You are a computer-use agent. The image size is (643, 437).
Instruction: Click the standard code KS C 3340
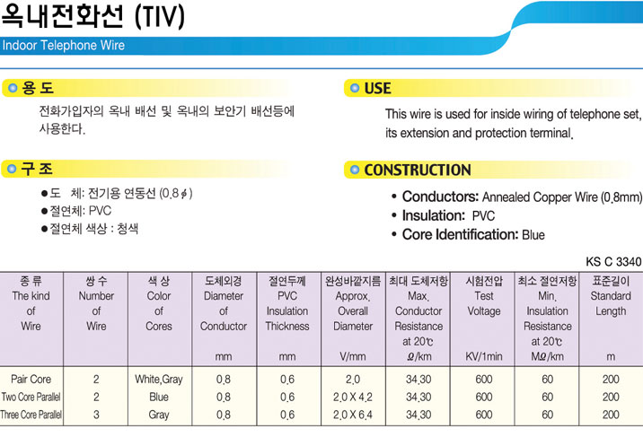(613, 262)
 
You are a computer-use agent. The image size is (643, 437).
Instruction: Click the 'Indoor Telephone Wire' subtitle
(64, 45)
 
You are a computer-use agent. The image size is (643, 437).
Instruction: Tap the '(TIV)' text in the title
(160, 17)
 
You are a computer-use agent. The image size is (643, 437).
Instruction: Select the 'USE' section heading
(377, 89)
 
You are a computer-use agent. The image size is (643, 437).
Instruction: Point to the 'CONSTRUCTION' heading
(418, 170)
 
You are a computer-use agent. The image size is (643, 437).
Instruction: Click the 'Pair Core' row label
(31, 380)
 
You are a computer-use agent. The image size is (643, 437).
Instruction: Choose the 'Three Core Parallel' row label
(31, 415)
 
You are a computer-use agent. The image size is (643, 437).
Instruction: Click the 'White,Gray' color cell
(159, 380)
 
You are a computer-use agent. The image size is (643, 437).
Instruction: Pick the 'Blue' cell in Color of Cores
(159, 397)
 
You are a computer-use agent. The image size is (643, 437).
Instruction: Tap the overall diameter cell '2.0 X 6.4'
(353, 415)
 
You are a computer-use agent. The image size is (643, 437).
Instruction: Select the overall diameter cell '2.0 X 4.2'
(353, 398)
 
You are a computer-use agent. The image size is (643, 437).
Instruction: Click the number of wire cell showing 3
(96, 415)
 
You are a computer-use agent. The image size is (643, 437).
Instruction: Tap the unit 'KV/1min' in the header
(484, 356)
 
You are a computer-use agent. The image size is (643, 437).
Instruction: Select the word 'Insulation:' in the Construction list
(434, 215)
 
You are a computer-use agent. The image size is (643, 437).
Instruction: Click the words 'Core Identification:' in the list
(461, 235)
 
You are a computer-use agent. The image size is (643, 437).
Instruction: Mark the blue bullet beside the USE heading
(355, 88)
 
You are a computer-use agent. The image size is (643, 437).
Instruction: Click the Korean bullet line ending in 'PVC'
(76, 211)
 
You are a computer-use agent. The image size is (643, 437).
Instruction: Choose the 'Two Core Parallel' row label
(31, 397)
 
